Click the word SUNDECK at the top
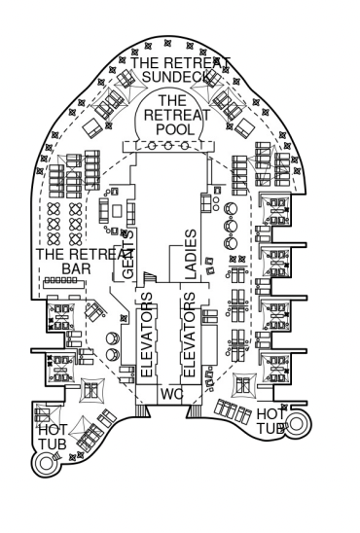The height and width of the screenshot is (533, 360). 176,77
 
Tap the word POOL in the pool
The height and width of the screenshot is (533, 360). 175,129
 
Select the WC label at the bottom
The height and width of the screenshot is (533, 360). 171,394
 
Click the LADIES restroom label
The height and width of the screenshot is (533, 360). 191,254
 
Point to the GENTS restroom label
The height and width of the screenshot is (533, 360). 127,254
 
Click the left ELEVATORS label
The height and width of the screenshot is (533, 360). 147,335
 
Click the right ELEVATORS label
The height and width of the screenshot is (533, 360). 190,335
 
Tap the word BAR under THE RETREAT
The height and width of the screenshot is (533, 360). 76,268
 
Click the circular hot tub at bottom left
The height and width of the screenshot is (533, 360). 46,463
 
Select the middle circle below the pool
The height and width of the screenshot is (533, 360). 168,146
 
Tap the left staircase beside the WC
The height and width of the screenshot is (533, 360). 143,410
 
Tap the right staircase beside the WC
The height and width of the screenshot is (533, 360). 194,410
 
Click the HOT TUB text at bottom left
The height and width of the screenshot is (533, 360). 53,437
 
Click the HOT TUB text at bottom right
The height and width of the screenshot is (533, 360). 270,421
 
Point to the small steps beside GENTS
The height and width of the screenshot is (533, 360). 150,277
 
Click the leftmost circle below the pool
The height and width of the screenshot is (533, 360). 152,146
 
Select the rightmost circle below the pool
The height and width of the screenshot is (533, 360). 184,146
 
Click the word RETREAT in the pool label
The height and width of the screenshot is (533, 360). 177,115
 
